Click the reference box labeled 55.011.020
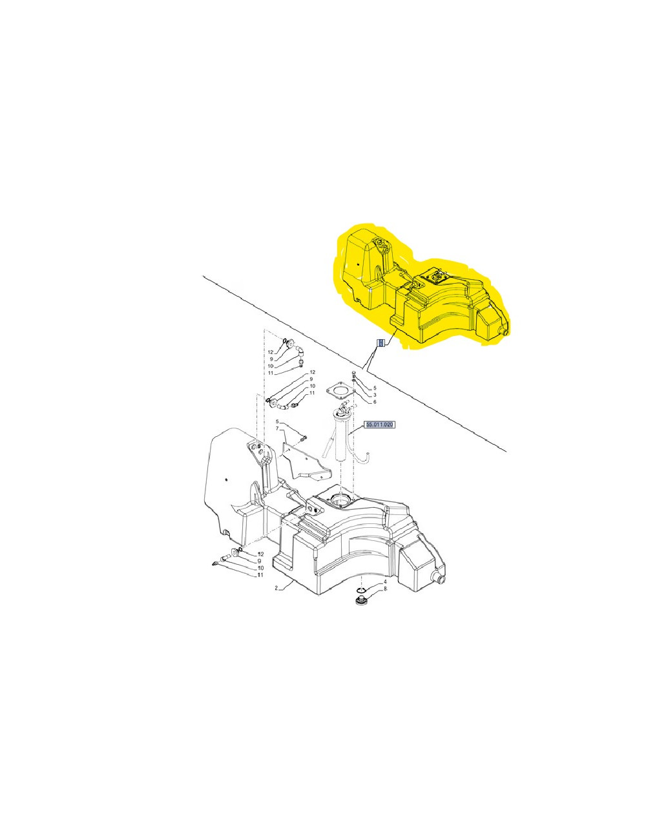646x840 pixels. tap(380, 425)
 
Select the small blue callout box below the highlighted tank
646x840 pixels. tap(380, 342)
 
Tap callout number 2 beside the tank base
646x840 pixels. tap(276, 588)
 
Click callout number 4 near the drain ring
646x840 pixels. tap(385, 582)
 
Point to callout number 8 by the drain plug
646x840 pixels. tap(385, 589)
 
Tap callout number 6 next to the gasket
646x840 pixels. tap(374, 401)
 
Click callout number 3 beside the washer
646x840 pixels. tap(374, 395)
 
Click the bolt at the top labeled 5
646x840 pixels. tap(355, 374)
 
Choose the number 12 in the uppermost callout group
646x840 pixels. tap(271, 352)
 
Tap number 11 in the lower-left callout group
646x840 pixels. tap(260, 574)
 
